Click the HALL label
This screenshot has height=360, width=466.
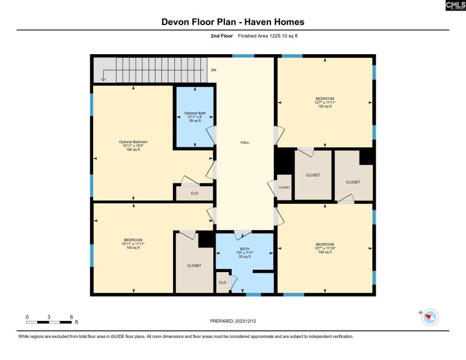pyautogui.click(x=245, y=142)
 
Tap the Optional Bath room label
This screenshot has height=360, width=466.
pyautogui.click(x=195, y=117)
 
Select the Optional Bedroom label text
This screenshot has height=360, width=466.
pyautogui.click(x=133, y=146)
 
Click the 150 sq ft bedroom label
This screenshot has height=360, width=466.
pyautogui.click(x=324, y=103)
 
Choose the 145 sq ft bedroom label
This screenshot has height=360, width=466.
pyautogui.click(x=133, y=243)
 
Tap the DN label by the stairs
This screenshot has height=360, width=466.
pyautogui.click(x=213, y=70)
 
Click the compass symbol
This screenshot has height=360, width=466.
pyautogui.click(x=430, y=317)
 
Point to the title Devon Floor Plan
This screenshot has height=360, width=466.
pyautogui.click(x=233, y=22)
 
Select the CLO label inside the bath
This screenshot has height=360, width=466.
pyautogui.click(x=222, y=283)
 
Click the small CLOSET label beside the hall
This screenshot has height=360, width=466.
pyautogui.click(x=284, y=188)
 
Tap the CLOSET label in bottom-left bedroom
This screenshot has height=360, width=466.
pyautogui.click(x=194, y=266)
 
